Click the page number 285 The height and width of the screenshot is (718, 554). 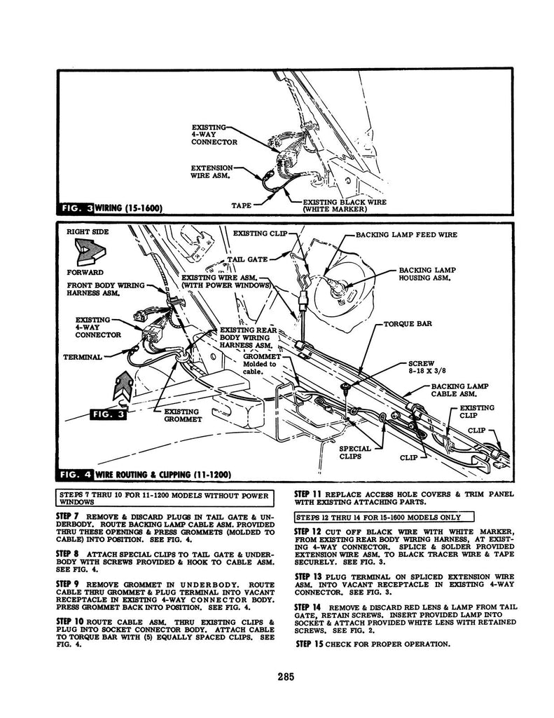tap(284, 677)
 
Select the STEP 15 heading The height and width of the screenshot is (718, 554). tap(309, 643)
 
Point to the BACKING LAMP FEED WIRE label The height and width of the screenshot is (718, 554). tap(406, 236)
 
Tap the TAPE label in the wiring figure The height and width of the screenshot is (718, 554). tap(242, 206)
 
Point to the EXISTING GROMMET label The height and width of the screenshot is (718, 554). tap(181, 416)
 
